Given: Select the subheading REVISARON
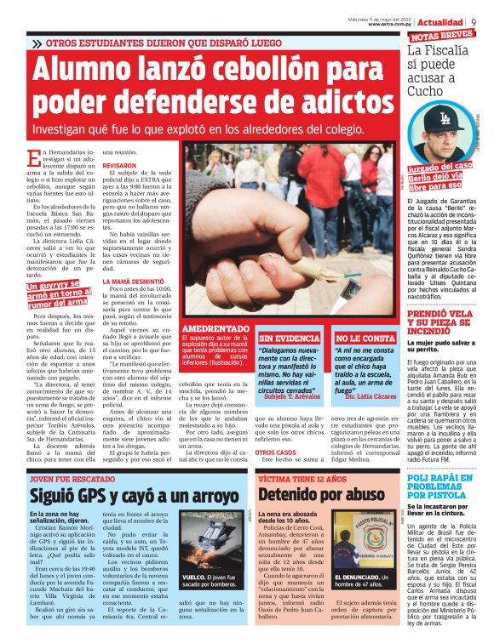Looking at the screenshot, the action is (x=119, y=166).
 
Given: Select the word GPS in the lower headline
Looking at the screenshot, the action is (x=99, y=495).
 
